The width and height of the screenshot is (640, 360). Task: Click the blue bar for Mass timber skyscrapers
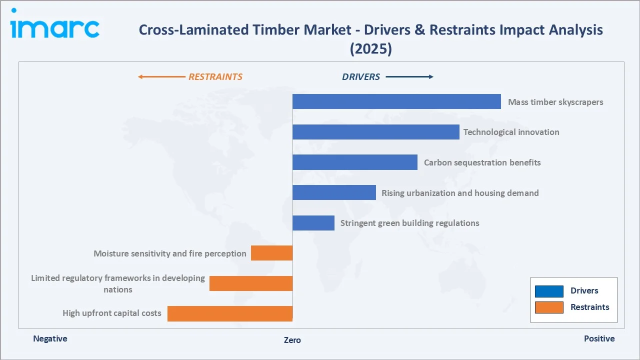[396, 101]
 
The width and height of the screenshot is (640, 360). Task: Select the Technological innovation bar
[375, 132]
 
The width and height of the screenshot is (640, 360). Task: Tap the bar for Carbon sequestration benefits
[354, 162]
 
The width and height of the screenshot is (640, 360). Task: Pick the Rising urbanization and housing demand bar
[334, 192]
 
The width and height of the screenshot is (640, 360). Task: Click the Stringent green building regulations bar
[313, 223]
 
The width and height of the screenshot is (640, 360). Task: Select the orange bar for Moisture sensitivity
[271, 253]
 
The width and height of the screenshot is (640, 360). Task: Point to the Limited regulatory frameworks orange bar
[250, 283]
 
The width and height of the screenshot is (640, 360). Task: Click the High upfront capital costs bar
[229, 313]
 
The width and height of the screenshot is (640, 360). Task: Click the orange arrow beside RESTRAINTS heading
[161, 77]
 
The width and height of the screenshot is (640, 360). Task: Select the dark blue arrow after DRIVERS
[409, 77]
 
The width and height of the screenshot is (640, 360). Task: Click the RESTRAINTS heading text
[215, 77]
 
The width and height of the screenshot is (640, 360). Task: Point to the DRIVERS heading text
[361, 77]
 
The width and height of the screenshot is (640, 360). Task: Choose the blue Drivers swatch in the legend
[548, 291]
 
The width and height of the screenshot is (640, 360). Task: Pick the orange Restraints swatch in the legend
[548, 307]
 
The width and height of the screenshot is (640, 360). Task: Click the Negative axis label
[50, 338]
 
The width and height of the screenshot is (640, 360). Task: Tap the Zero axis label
[292, 340]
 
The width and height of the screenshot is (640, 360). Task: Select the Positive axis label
[599, 338]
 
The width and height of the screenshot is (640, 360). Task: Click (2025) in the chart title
[370, 48]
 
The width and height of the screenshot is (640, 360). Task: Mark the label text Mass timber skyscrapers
[555, 102]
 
